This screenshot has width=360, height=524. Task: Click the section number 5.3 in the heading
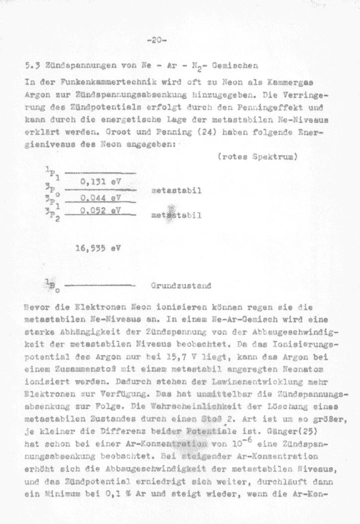[x=32, y=65]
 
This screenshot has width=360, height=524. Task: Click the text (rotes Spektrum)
[x=258, y=157]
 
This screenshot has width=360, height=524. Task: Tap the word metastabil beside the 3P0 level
[x=176, y=191]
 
